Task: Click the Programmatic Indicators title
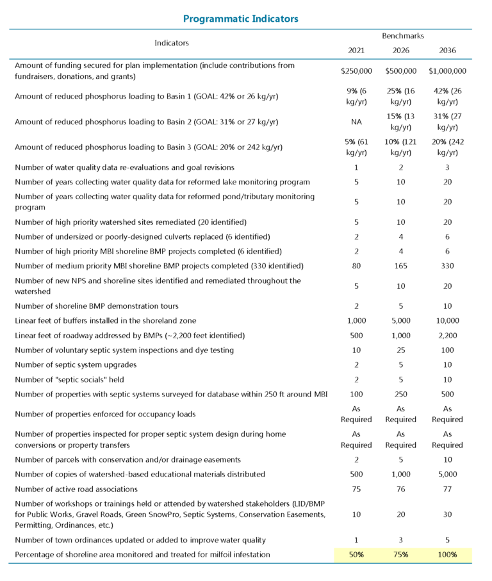coord(241,19)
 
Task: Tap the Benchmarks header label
coord(402,36)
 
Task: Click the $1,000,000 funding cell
coord(447,71)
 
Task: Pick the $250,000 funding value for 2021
coord(357,71)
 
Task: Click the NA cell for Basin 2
coord(357,122)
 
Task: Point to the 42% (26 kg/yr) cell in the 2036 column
coord(447,96)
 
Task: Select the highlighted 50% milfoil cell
coord(357,554)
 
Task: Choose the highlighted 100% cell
coord(447,554)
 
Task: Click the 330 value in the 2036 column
coord(447,265)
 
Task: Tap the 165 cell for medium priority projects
coord(402,265)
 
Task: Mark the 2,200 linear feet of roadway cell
coord(447,335)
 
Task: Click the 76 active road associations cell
coord(402,489)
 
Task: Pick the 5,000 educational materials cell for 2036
coord(447,474)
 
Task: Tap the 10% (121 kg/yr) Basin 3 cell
coord(402,147)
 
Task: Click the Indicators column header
coord(172,43)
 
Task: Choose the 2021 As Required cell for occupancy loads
coord(357,414)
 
